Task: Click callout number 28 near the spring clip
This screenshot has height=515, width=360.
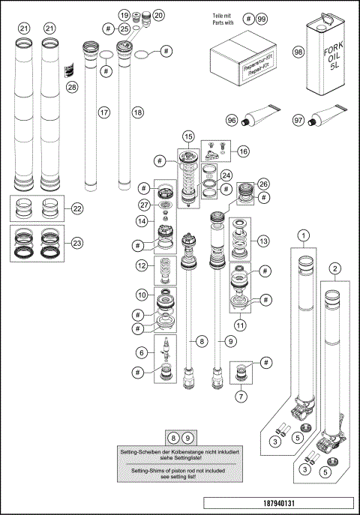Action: click(72, 87)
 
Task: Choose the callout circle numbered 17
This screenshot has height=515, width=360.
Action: click(104, 112)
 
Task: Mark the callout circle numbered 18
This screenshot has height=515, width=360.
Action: click(136, 112)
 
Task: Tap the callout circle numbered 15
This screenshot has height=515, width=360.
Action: click(187, 136)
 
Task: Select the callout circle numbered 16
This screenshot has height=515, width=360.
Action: click(244, 151)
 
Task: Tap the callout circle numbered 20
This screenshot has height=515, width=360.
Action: click(158, 15)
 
